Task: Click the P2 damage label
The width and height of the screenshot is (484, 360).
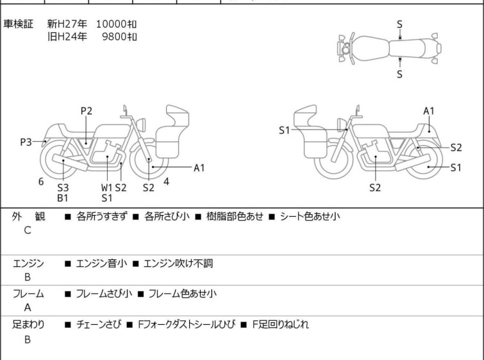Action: [x=86, y=111]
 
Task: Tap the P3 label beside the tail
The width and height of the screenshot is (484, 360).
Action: [x=26, y=142]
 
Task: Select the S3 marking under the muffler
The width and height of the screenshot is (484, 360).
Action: [x=63, y=188]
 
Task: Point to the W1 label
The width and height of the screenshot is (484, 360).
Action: [x=106, y=188]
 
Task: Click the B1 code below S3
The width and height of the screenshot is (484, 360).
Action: [x=63, y=198]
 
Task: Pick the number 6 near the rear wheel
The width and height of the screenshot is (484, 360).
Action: [x=41, y=182]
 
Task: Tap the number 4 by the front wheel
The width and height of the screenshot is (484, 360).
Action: [x=167, y=182]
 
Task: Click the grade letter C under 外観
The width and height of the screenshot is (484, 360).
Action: [x=27, y=230]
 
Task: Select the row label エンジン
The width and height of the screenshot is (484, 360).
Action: [x=28, y=263]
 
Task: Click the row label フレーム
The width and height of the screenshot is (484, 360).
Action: [x=28, y=294]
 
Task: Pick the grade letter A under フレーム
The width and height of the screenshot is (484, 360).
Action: [x=27, y=307]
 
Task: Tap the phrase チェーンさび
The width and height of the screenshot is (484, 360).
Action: [x=97, y=325]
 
